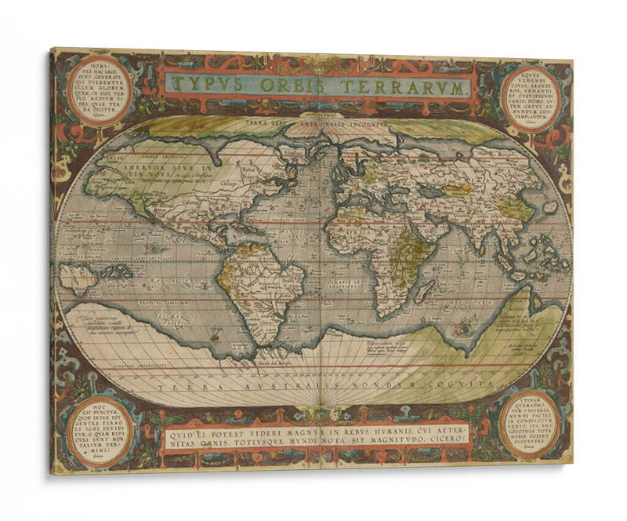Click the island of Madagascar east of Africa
423,292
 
